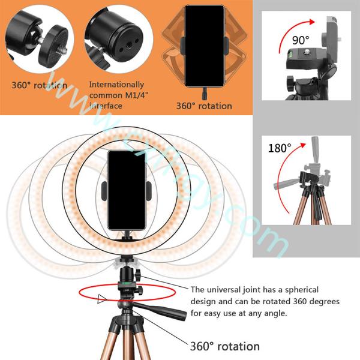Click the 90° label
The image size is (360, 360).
[x=300, y=40]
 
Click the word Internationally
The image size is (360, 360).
[x=116, y=85]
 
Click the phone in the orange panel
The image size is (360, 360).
[x=203, y=46]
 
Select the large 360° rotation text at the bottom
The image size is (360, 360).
[x=225, y=346]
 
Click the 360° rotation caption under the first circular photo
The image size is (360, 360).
[x=40, y=85]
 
